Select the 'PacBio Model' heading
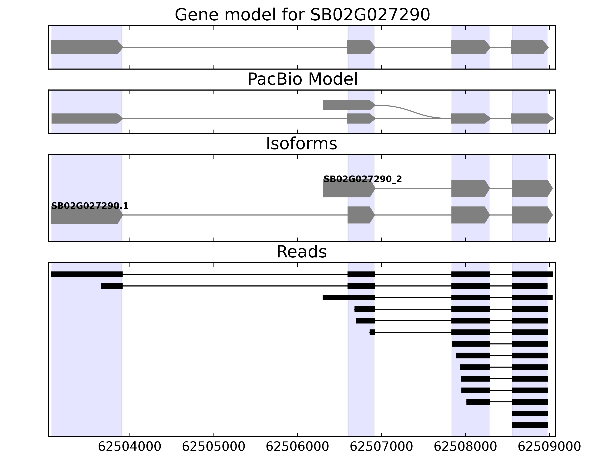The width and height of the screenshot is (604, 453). [x=302, y=79]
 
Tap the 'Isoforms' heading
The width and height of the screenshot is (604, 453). [x=301, y=144]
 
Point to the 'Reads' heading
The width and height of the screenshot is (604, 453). [x=301, y=252]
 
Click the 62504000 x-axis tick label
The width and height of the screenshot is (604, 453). [x=129, y=447]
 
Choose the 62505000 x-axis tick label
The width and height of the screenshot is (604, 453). [x=213, y=447]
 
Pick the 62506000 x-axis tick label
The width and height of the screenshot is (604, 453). [x=297, y=447]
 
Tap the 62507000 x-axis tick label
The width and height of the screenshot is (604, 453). [x=381, y=447]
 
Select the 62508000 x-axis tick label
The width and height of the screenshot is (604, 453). [x=465, y=447]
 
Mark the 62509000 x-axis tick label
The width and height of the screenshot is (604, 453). [x=549, y=447]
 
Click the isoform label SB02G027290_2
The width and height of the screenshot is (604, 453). [x=363, y=179]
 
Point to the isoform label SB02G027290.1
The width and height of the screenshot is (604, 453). [x=90, y=206]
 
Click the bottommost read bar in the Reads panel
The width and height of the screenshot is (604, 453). [x=530, y=425]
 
